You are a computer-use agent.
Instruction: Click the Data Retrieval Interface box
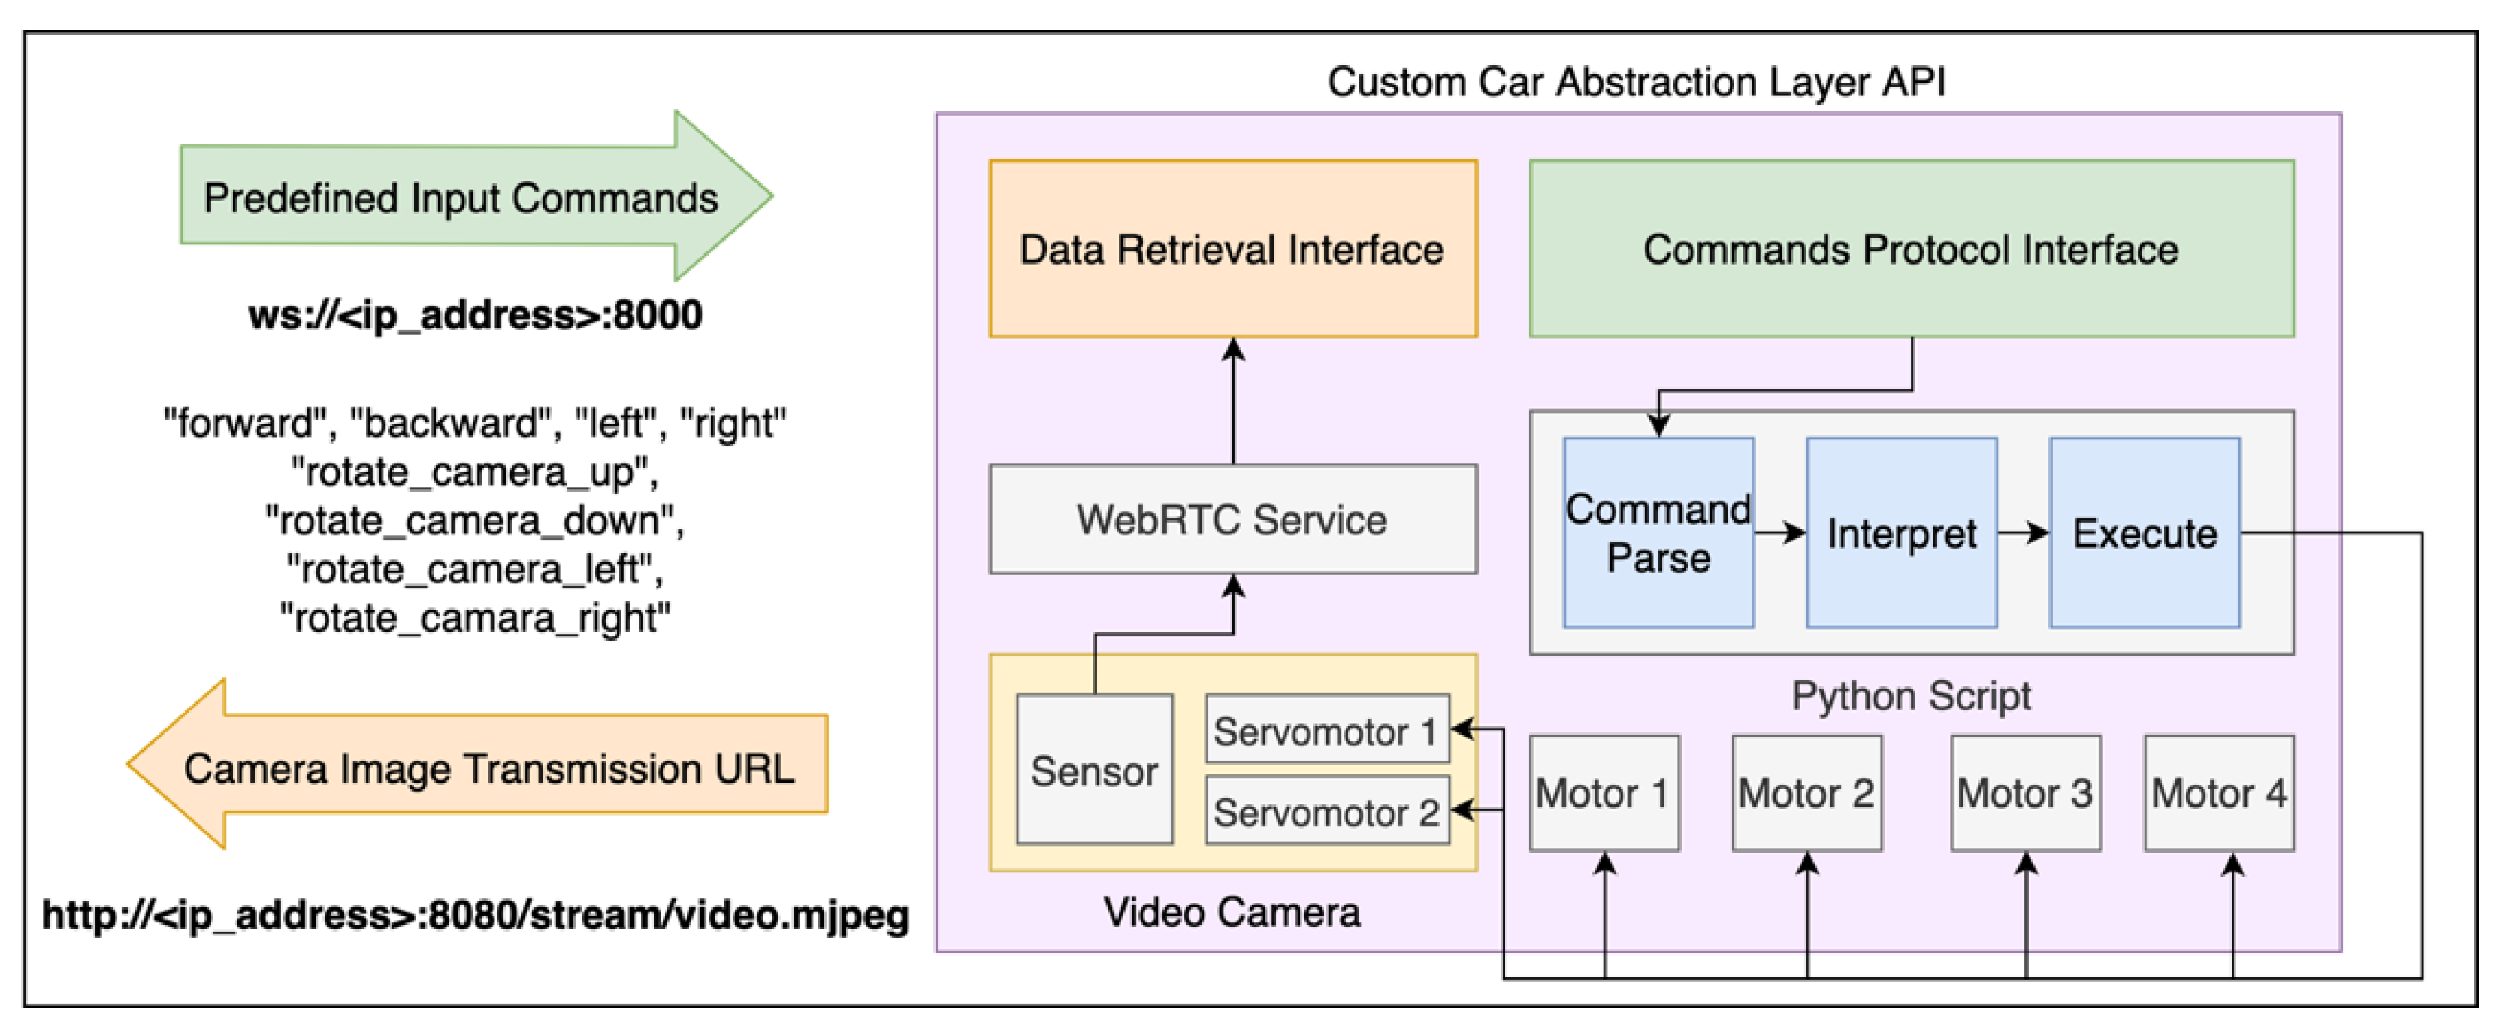tap(1232, 249)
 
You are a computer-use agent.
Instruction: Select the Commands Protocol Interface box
tap(1910, 249)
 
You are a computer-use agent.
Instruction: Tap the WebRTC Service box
tap(1232, 519)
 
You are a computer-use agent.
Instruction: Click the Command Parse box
tap(1657, 532)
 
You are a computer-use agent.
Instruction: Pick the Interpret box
tap(1900, 532)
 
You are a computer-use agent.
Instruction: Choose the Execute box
tap(2144, 532)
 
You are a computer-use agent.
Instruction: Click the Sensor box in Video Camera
tap(1094, 770)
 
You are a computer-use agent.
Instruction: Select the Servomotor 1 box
tap(1326, 730)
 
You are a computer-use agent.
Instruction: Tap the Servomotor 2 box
tap(1326, 810)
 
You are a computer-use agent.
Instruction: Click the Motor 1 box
tap(1604, 792)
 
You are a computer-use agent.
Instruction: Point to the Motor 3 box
tap(2025, 792)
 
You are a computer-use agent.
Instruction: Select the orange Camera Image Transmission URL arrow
tap(487, 767)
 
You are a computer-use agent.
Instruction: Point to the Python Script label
tap(1910, 695)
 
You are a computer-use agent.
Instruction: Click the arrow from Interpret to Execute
tap(2022, 532)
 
